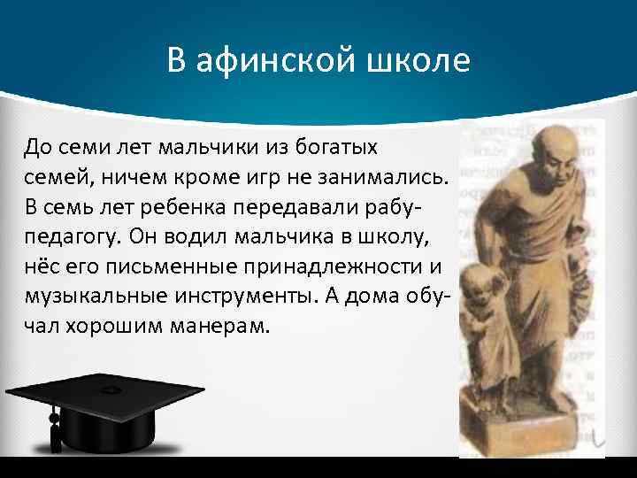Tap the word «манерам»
click(x=219, y=327)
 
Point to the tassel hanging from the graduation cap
click(x=55, y=428)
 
